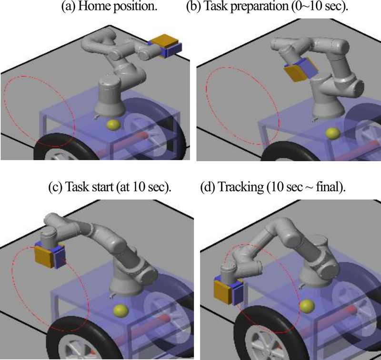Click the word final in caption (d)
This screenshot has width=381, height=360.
point(330,186)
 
